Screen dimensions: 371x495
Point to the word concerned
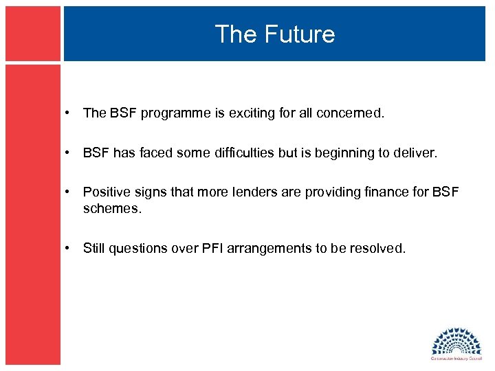(350, 113)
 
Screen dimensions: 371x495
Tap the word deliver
(413, 153)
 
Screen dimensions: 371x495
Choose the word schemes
(111, 208)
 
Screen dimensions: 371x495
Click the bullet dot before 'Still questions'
(71, 249)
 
